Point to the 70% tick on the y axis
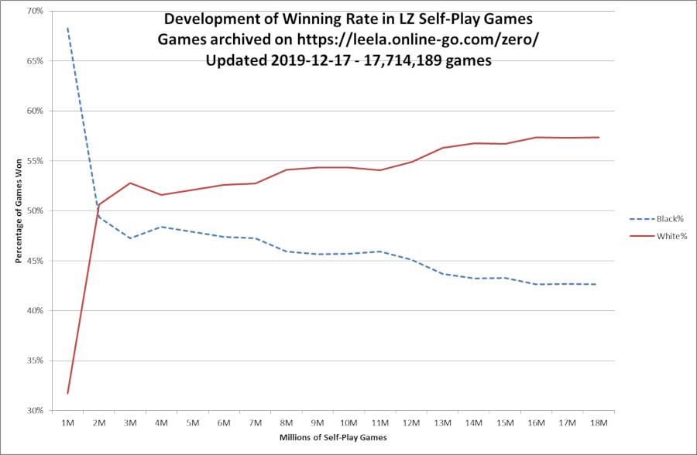pos(34,11)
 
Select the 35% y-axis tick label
pos(34,361)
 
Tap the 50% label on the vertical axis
pos(34,210)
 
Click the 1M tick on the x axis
pos(67,422)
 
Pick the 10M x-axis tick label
pos(348,422)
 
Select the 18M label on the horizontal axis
pos(599,422)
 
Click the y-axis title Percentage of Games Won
pos(18,210)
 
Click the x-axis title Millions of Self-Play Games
pos(333,439)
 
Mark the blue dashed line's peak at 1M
pos(67,28)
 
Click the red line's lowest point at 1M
pos(67,394)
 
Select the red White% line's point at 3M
pos(130,183)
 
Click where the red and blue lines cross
pos(97,211)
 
